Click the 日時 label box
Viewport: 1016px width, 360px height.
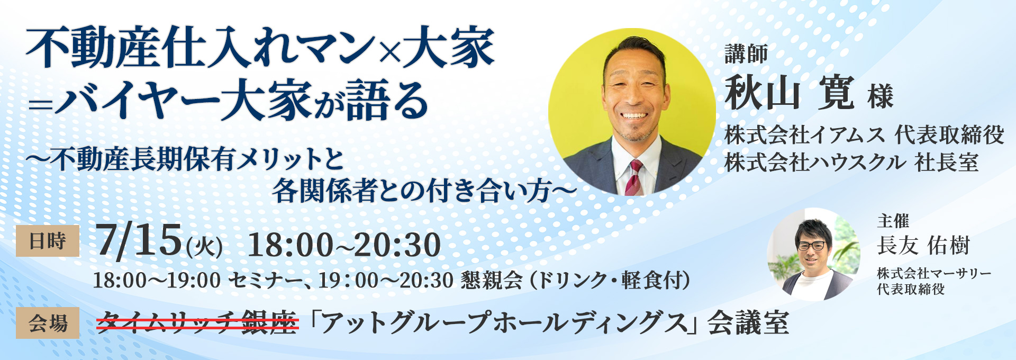pos(48,241)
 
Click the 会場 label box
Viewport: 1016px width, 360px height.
pos(48,323)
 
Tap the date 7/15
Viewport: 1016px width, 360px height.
pos(139,241)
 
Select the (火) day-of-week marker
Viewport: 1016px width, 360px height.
pos(204,247)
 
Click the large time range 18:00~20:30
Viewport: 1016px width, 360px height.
pos(344,245)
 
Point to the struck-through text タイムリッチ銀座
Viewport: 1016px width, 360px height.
pos(198,321)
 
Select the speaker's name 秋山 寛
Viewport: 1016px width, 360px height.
pos(788,93)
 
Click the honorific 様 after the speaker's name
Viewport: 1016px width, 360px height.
pos(880,97)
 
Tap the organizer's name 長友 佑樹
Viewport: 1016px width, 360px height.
pos(923,245)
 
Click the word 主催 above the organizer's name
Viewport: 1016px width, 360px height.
pos(893,221)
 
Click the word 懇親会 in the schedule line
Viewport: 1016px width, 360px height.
pos(491,280)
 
